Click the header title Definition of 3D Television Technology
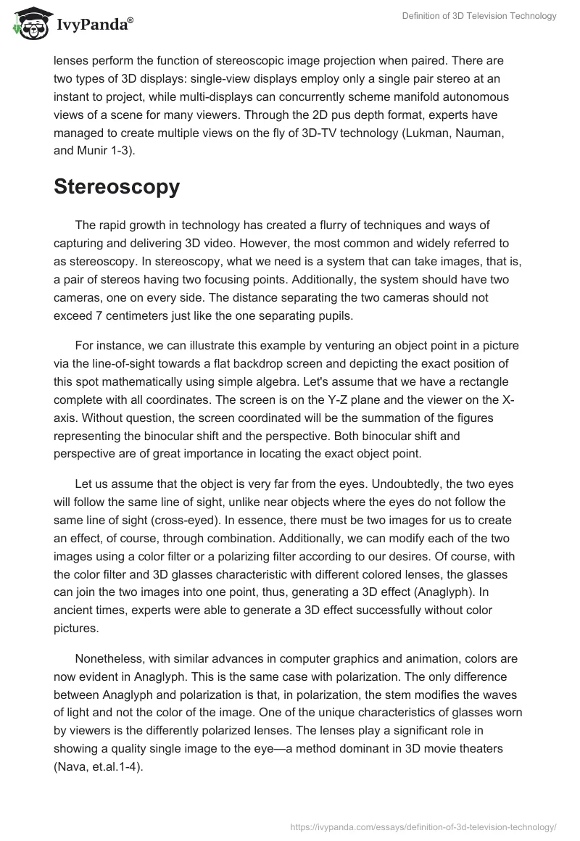[479, 17]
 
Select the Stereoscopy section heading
[116, 186]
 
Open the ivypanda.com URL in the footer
[423, 826]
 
